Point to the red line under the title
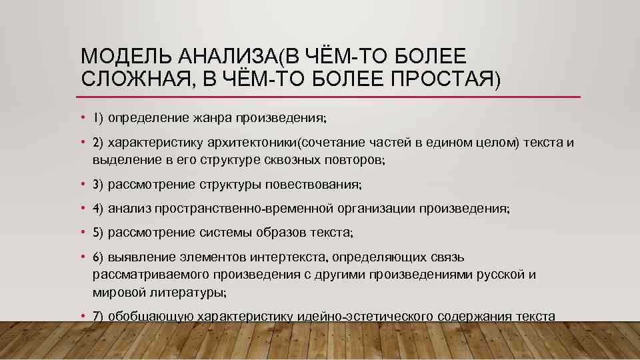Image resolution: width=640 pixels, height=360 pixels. (x=331, y=97)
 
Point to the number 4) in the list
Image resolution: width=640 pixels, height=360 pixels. (x=98, y=209)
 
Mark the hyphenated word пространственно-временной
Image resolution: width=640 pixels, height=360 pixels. (x=243, y=209)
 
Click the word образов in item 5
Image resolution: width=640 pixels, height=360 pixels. (x=277, y=233)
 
